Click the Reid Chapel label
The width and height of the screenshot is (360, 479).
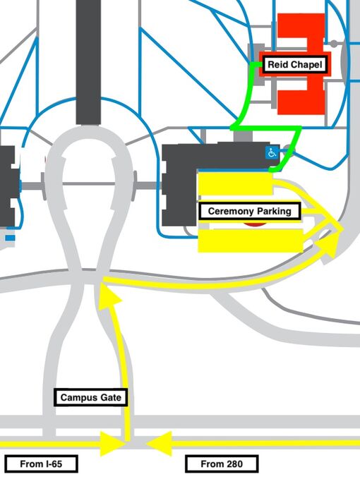295,65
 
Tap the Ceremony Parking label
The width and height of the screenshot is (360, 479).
249,211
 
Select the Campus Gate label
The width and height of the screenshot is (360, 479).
91,397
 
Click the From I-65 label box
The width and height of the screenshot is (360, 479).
41,463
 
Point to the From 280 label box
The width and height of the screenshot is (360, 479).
222,463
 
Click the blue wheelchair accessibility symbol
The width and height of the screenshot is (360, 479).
272,152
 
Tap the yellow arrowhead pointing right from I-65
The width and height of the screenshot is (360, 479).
112,444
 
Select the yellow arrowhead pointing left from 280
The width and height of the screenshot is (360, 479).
159,444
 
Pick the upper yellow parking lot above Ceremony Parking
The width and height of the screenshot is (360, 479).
235,183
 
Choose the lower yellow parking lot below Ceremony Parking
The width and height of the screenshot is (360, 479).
251,241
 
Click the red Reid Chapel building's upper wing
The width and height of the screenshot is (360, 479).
301,29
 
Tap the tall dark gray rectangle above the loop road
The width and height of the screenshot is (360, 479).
88,62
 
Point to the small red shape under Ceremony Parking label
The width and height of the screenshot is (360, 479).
255,225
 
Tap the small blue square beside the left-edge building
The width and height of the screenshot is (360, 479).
10,238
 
